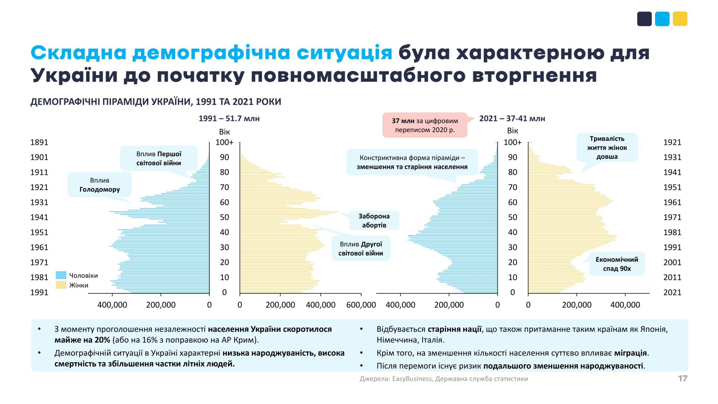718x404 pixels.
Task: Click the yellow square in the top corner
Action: pyautogui.click(x=680, y=19)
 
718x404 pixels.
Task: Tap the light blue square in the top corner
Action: pyautogui.click(x=662, y=19)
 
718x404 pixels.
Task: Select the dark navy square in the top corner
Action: pyautogui.click(x=644, y=19)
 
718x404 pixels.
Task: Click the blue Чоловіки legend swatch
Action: pyautogui.click(x=61, y=275)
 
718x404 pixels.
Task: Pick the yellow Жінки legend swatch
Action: pyautogui.click(x=61, y=285)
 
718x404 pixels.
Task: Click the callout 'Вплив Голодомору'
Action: pyautogui.click(x=100, y=185)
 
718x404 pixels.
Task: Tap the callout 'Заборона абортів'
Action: pyautogui.click(x=374, y=221)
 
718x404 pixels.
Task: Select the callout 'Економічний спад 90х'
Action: pyautogui.click(x=617, y=264)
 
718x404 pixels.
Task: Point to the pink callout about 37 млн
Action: pyautogui.click(x=425, y=125)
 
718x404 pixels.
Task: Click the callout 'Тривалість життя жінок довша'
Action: pyautogui.click(x=607, y=148)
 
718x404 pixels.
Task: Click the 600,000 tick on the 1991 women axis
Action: pyautogui.click(x=361, y=305)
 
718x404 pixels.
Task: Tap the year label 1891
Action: pyautogui.click(x=39, y=142)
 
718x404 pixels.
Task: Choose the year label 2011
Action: pyautogui.click(x=672, y=277)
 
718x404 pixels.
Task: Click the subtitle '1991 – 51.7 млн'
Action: pyautogui.click(x=229, y=118)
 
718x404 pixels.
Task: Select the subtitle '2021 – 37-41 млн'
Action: pyautogui.click(x=512, y=118)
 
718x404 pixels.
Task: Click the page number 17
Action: pyautogui.click(x=683, y=378)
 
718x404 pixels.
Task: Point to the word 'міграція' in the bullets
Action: pyautogui.click(x=630, y=353)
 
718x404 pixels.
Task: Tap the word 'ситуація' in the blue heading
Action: pyautogui.click(x=344, y=53)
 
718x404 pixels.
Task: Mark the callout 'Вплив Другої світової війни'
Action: pyautogui.click(x=361, y=249)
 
